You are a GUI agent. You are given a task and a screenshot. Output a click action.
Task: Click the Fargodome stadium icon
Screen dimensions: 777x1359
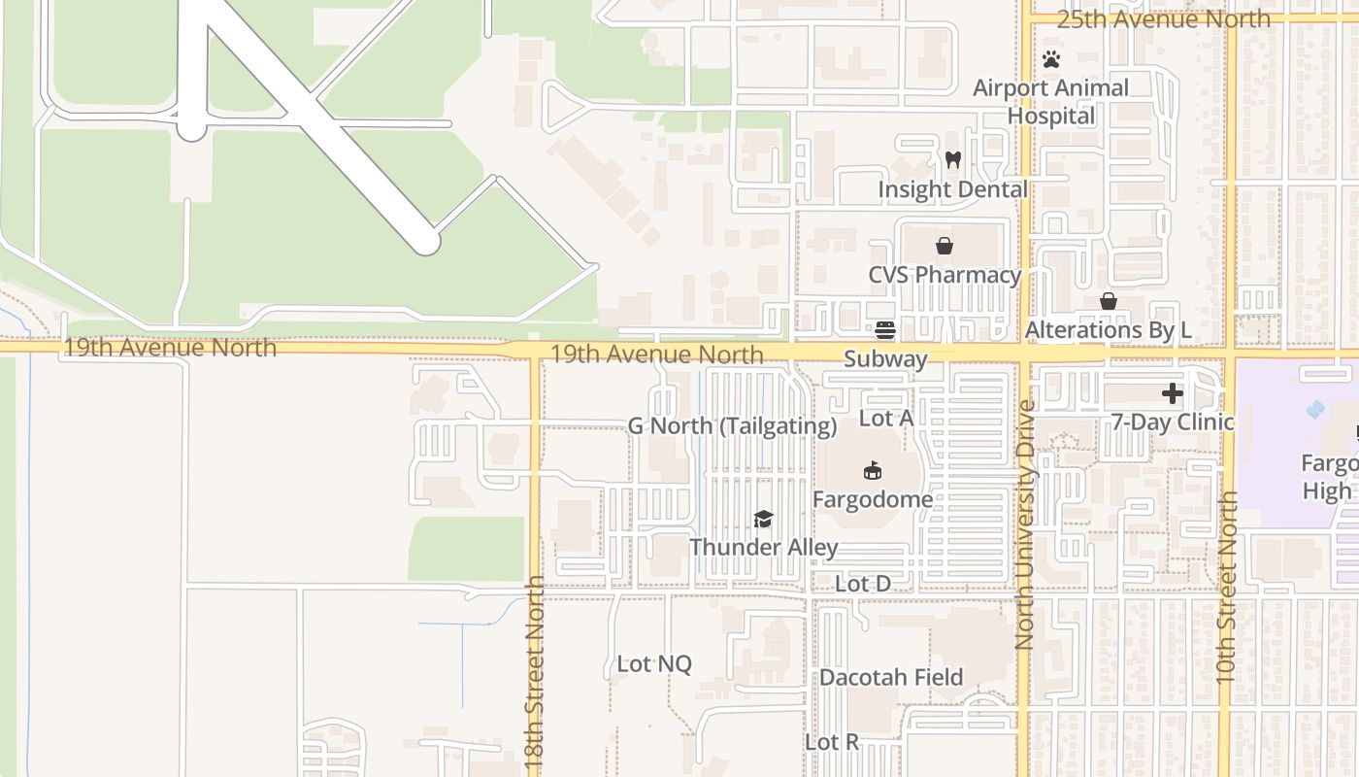coord(872,471)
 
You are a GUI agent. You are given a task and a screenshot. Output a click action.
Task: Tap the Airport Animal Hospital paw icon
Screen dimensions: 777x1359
coord(1051,59)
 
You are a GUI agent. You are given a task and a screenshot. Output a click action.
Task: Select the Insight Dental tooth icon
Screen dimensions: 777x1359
coord(952,159)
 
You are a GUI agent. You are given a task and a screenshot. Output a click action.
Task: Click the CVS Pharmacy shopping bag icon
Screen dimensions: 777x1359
coord(944,246)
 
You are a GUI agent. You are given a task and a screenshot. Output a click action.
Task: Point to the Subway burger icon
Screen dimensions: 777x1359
coord(884,329)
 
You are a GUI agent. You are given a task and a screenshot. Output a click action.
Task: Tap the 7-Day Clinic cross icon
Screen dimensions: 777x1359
coord(1173,393)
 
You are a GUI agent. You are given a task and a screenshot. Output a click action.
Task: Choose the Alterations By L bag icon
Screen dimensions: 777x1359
coord(1108,301)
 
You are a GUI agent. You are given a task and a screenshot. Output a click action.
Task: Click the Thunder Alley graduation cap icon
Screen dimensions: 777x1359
coord(763,519)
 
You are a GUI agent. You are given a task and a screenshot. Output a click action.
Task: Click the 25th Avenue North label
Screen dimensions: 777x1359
coord(1163,18)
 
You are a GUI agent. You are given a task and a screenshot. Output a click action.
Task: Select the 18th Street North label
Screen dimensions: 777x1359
coord(535,675)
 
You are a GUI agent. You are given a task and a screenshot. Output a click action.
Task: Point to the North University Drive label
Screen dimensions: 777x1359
coord(1025,524)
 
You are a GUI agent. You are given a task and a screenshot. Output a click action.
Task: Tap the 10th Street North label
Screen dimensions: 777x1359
coord(1227,587)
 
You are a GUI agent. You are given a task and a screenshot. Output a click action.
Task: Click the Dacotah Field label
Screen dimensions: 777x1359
coord(891,677)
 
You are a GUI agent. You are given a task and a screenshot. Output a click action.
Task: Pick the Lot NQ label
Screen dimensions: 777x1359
coord(654,664)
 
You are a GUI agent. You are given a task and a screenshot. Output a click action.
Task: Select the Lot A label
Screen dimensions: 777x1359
coord(887,419)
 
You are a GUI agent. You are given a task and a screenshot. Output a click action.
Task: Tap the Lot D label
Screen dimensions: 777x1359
coord(863,584)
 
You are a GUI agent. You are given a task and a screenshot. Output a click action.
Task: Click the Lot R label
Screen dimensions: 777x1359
coord(832,742)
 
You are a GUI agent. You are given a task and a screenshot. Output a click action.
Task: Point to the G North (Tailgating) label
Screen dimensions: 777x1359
coord(732,425)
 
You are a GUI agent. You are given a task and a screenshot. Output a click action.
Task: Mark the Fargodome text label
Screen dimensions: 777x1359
coord(873,499)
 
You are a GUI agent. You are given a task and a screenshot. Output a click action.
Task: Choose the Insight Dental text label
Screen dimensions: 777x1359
coord(952,188)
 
